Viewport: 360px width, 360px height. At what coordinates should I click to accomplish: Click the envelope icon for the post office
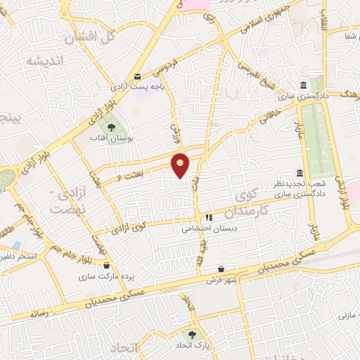point(138,76)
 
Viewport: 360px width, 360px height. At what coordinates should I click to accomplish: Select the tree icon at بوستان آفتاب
point(110,127)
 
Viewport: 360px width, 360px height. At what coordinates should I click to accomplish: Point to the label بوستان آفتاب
point(107,139)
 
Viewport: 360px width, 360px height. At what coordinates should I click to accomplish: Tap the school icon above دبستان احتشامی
point(209,218)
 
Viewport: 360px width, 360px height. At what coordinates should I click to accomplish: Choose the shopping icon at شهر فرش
point(221,269)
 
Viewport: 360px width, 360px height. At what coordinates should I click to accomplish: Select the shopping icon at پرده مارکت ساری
point(106,266)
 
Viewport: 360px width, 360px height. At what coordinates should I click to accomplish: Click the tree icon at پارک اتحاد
point(191,335)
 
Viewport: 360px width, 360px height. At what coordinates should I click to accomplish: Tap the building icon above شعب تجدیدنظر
point(300,172)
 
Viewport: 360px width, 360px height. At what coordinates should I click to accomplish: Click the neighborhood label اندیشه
point(46,62)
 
